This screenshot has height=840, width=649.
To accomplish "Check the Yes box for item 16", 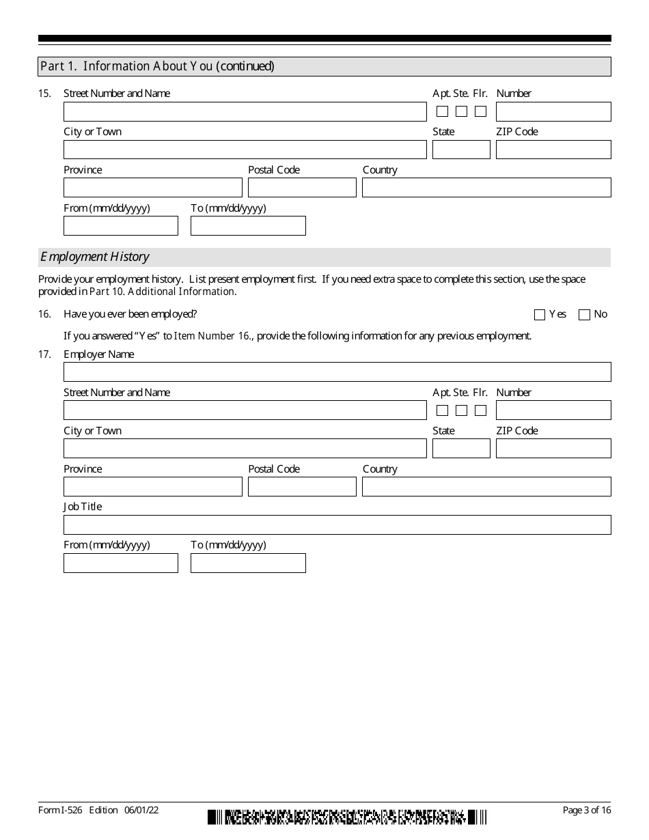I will tap(540, 315).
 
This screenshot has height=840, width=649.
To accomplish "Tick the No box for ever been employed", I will tap(584, 315).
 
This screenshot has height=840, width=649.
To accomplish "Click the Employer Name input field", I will tap(337, 372).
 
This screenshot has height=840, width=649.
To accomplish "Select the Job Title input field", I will tap(337, 524).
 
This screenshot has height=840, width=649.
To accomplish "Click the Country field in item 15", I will tap(486, 188).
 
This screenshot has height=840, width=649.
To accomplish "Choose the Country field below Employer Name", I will tap(486, 487).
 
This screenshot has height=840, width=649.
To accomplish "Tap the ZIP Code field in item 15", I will tap(553, 150).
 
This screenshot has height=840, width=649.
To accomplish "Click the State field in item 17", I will tap(461, 449).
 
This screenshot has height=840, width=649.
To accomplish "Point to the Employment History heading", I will tap(95, 257).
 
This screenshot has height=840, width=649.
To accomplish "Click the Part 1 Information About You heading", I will tap(158, 66).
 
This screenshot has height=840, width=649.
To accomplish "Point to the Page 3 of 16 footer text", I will tap(586, 810).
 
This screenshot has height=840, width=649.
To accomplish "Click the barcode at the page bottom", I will tap(347, 817).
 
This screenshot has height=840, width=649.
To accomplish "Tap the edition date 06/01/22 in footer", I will tap(141, 810).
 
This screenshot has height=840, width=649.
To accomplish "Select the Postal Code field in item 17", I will tap(302, 487).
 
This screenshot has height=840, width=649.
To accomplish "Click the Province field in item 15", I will tap(152, 188).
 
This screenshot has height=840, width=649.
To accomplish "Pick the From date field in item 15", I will tap(120, 226).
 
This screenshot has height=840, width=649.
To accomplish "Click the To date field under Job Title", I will tap(248, 563).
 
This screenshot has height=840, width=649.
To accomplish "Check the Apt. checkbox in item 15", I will tap(443, 111).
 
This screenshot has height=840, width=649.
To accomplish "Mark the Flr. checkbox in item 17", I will tap(481, 410).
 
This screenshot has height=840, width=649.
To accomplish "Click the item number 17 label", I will tap(44, 354).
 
